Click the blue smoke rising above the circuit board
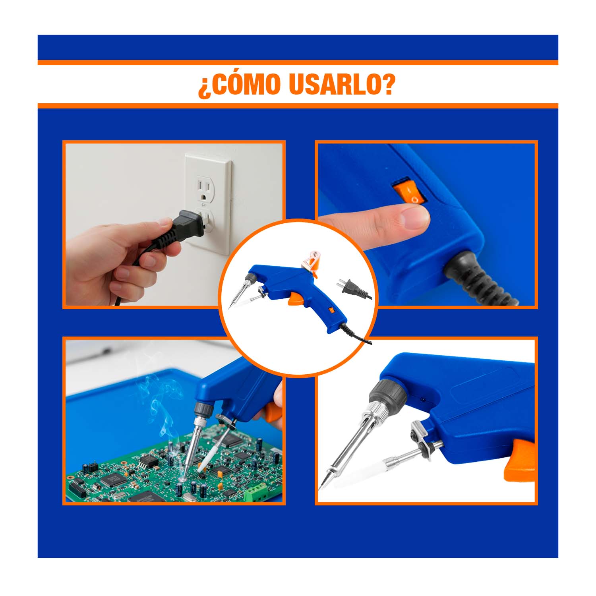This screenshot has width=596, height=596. pyautogui.click(x=159, y=409)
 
